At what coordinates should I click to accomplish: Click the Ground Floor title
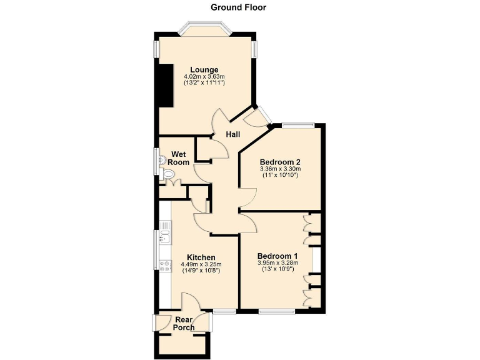point(238,7)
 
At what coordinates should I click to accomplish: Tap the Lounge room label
point(204,69)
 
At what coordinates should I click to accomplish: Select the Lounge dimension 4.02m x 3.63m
point(204,76)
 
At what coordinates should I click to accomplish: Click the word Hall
point(233,134)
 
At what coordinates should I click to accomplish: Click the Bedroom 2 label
point(280,161)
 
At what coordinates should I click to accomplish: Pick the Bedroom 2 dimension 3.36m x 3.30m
point(280,168)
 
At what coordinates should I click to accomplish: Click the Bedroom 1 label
point(277,256)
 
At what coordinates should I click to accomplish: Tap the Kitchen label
point(201,257)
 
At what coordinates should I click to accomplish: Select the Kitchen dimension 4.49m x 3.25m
point(201,264)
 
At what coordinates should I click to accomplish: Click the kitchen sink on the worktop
point(165,236)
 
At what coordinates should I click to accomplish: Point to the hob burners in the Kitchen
point(165,266)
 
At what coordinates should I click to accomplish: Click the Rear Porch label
point(184,323)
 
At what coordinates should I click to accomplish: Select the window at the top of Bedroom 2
point(297,125)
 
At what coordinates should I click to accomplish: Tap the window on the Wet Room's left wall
point(157,159)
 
